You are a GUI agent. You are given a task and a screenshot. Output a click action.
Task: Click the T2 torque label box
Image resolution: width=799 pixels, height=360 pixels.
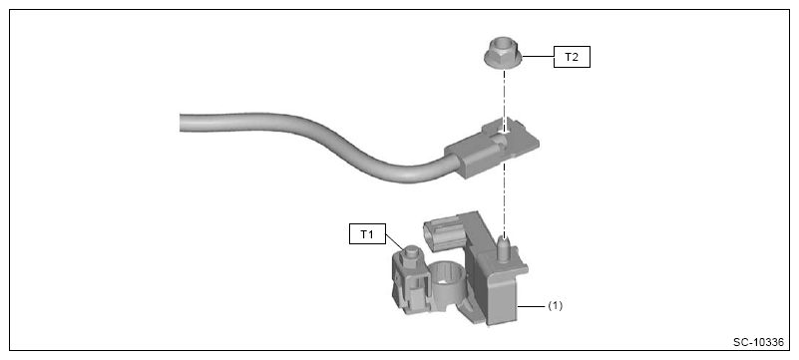click(572, 57)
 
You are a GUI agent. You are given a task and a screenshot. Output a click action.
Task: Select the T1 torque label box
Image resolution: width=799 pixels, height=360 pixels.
click(367, 233)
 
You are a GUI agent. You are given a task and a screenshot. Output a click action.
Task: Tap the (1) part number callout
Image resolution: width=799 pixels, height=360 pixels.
click(555, 306)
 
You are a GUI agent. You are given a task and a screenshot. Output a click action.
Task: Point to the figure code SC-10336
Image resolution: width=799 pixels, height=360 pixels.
click(758, 342)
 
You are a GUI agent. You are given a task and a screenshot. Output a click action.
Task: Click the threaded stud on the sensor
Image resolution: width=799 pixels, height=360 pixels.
click(504, 248)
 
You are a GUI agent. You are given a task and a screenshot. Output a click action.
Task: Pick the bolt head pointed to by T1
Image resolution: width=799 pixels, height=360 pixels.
click(410, 253)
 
